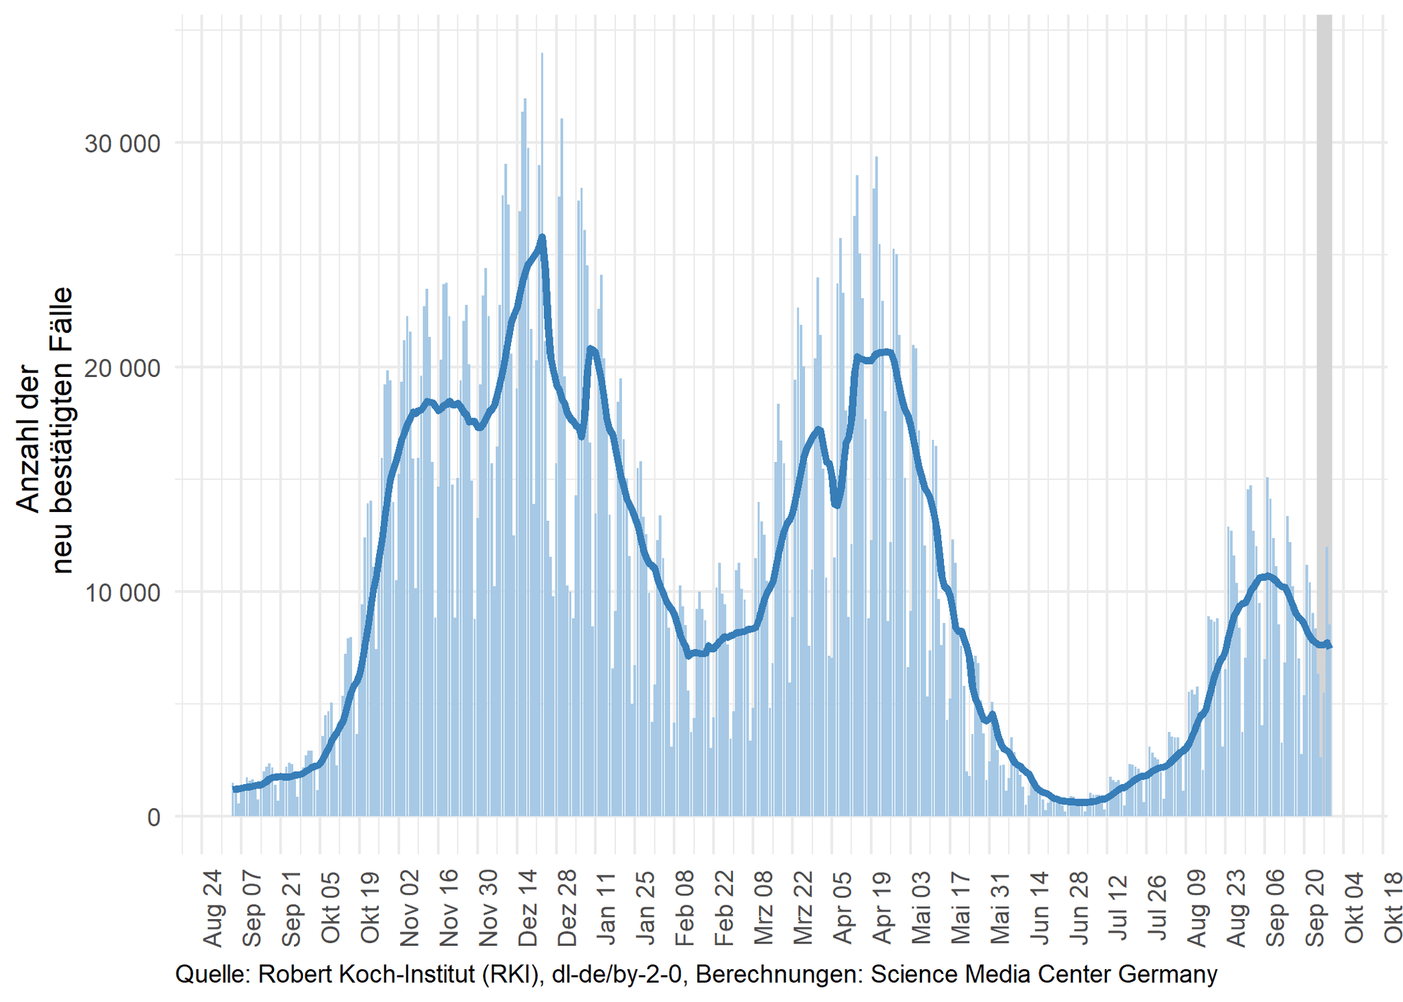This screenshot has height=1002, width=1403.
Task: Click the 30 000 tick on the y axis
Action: coord(122,143)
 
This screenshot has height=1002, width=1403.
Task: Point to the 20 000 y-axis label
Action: coord(122,368)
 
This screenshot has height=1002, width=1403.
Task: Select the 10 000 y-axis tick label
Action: coord(122,592)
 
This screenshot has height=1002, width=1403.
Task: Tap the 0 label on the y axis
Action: coord(153,817)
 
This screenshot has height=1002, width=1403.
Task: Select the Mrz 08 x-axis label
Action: coord(765,909)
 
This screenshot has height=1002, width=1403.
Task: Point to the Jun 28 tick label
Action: coord(1080,909)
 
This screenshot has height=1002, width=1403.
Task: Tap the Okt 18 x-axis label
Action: coord(1394,909)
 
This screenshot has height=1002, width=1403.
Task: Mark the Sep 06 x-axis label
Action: coord(1276,909)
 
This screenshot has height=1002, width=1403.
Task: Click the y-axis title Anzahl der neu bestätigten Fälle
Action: coord(44,430)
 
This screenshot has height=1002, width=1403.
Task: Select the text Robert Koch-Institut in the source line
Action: coord(356,974)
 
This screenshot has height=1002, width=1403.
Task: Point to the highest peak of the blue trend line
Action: coord(542,238)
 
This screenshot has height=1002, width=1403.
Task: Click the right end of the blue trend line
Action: coord(1330,646)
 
